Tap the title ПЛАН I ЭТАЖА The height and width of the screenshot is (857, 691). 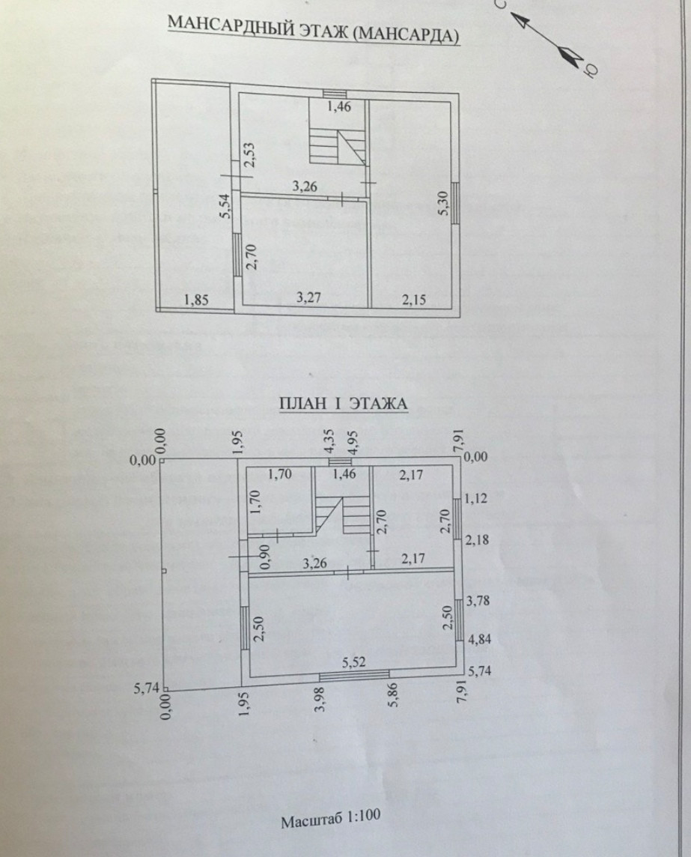(343, 405)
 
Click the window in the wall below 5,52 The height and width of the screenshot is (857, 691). (355, 675)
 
